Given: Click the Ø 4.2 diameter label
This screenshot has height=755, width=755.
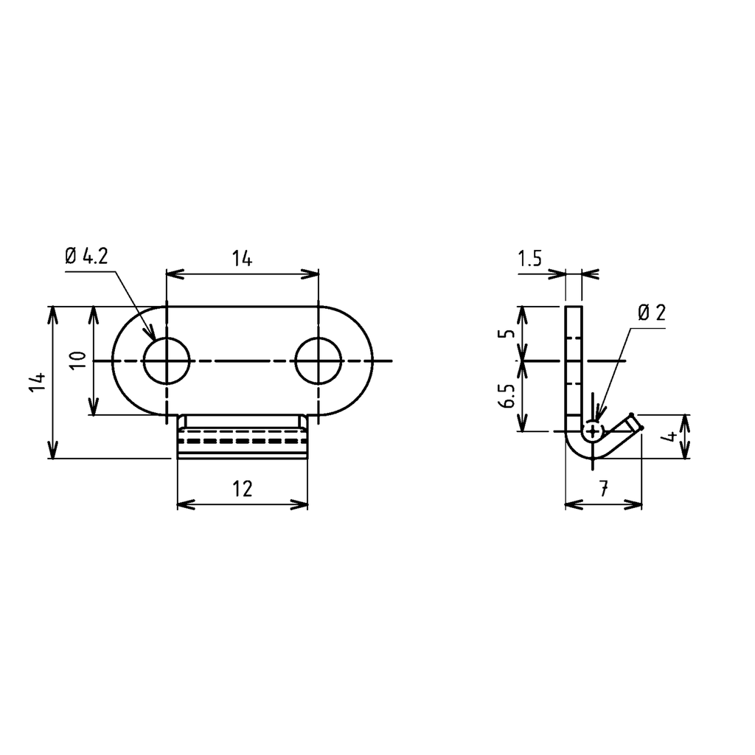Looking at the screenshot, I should click(x=86, y=257).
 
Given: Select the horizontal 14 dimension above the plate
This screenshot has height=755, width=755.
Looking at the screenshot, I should click(x=242, y=259).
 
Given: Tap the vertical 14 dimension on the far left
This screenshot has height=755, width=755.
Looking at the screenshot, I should click(x=39, y=382).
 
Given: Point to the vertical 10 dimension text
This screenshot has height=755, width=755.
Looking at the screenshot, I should click(x=80, y=359).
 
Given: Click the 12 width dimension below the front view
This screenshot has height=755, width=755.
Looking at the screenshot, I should click(x=242, y=489).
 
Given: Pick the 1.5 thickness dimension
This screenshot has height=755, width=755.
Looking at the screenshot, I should click(x=530, y=259).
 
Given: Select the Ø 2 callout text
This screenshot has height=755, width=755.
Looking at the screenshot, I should click(x=652, y=313).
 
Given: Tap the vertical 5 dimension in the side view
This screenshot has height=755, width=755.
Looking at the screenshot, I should click(x=505, y=333).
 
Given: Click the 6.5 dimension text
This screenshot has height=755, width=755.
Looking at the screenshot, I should click(x=506, y=396).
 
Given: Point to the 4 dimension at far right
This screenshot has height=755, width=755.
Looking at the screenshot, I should click(x=669, y=437).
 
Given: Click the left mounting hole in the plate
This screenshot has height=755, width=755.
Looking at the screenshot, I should click(x=167, y=361).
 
